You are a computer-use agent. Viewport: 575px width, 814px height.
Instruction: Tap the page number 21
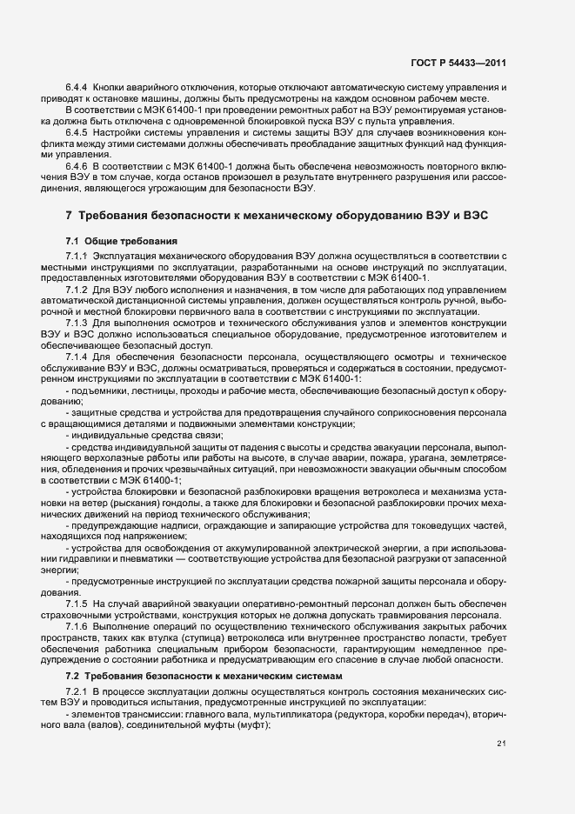pyautogui.click(x=501, y=743)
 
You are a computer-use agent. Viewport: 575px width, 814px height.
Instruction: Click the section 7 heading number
pyautogui.click(x=69, y=215)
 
